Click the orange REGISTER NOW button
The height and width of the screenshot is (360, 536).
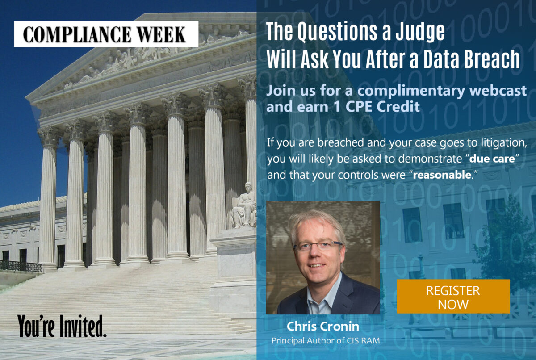[453, 296]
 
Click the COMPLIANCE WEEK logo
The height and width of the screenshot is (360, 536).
[106, 34]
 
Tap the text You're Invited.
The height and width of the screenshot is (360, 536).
[62, 326]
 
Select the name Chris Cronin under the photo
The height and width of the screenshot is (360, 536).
[323, 326]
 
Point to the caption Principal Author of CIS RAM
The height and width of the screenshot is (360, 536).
[326, 341]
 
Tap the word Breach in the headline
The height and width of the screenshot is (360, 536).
[492, 59]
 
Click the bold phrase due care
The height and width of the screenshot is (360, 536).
[492, 159]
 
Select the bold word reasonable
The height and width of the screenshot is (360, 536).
[442, 175]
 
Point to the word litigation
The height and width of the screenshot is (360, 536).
[500, 143]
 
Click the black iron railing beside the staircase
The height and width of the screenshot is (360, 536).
[21, 266]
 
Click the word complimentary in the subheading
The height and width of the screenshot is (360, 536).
[411, 92]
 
